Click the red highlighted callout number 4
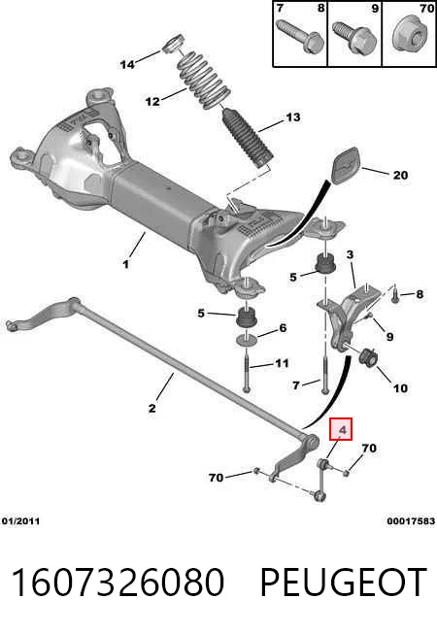[341, 429]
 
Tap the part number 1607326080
[118, 583]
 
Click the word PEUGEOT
[344, 583]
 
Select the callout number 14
[127, 64]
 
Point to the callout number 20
[400, 175]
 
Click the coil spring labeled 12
[204, 80]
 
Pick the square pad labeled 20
[346, 165]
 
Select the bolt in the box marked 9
[354, 38]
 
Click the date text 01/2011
[20, 521]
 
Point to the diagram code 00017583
[411, 521]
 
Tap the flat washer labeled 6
[247, 340]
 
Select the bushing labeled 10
[367, 357]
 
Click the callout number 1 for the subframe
[126, 264]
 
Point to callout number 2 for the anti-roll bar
[151, 408]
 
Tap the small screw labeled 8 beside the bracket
[395, 293]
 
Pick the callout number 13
[293, 117]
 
